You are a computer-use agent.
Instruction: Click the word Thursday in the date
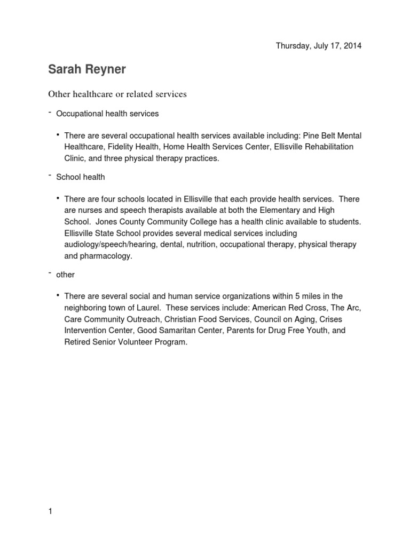(292, 46)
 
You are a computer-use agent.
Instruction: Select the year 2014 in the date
(352, 46)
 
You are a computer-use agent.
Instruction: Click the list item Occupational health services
(107, 114)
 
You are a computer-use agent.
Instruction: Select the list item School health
(81, 176)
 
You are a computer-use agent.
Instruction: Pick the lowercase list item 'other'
(66, 275)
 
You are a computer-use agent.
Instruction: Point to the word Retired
(78, 342)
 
